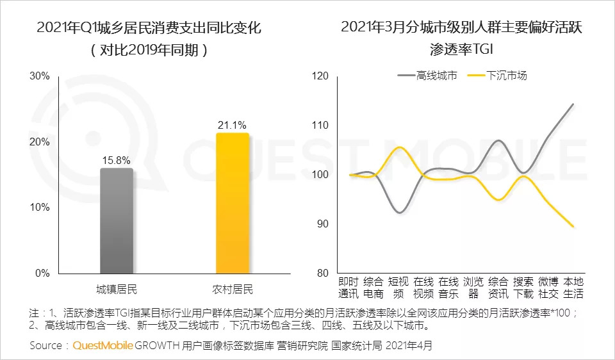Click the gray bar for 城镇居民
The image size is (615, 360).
[117, 220]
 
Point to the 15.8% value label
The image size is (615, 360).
[117, 159]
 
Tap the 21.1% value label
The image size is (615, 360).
[232, 124]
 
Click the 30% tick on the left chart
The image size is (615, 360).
[40, 76]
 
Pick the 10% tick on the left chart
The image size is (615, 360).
[40, 208]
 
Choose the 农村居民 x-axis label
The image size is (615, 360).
[232, 288]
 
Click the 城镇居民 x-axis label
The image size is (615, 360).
[117, 288]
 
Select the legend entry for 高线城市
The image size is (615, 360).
[428, 76]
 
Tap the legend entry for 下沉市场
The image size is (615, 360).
[498, 76]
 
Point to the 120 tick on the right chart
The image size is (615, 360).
[320, 76]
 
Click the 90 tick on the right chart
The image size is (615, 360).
[322, 224]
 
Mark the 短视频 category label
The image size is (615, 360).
[398, 288]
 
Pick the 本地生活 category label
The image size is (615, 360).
[573, 288]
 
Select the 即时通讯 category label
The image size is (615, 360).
[348, 288]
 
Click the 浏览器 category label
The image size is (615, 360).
[473, 288]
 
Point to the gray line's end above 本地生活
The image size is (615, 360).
[572, 104]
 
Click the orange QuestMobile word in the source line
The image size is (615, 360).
[103, 346]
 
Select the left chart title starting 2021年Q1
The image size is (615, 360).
[149, 28]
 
